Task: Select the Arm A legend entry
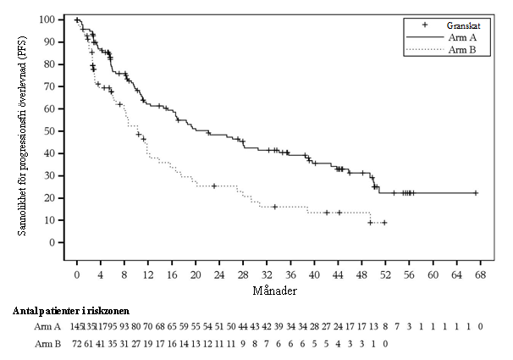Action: coord(454,38)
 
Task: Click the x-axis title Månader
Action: coord(278,291)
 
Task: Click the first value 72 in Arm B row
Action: coord(77,345)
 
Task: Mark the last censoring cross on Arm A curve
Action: coord(476,193)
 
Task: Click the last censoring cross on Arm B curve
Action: coord(384,223)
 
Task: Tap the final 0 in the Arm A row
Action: coord(480,327)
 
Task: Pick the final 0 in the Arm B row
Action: coord(385,345)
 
